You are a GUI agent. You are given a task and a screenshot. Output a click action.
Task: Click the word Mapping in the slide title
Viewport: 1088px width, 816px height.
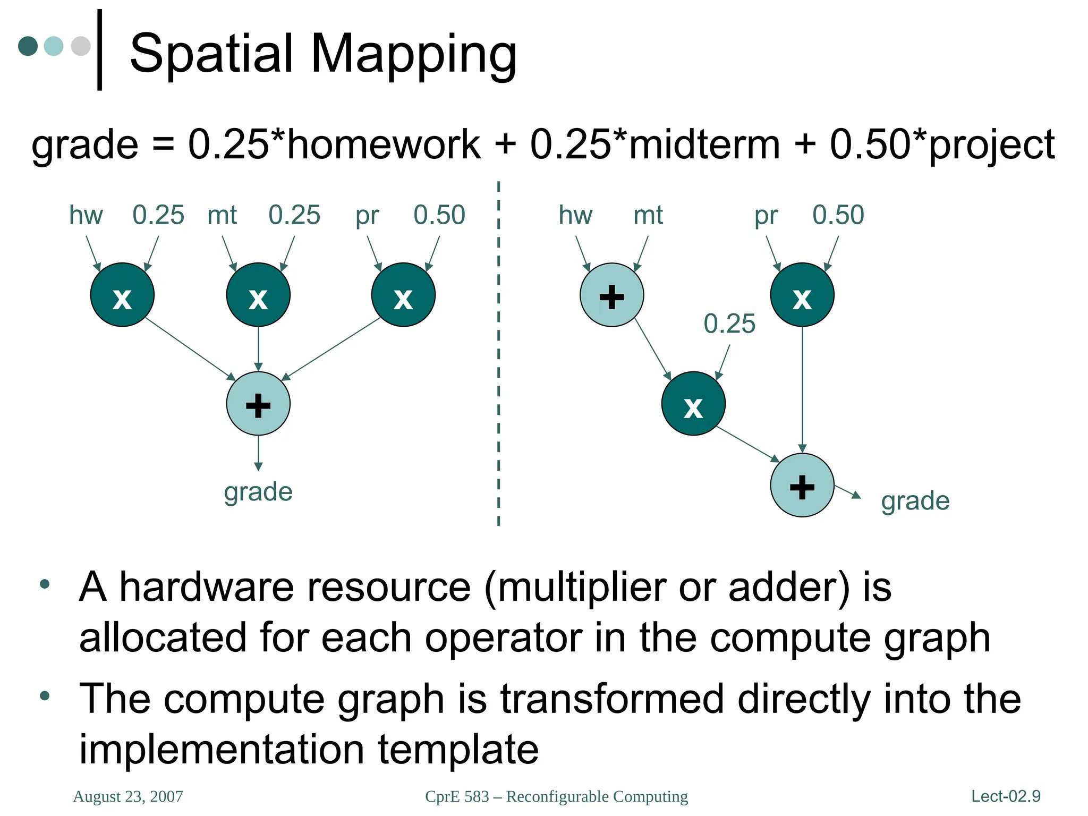click(x=413, y=54)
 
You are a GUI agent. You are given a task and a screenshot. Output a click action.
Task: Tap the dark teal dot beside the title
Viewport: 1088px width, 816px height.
click(x=28, y=46)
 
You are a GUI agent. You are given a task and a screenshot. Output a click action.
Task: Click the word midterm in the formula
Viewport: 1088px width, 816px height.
click(x=704, y=144)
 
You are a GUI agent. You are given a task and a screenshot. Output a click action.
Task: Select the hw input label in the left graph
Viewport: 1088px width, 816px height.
click(x=86, y=215)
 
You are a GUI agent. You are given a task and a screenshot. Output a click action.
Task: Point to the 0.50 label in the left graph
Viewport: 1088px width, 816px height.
click(x=439, y=215)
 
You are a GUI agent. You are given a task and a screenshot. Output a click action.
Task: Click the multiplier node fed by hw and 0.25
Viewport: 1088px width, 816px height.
click(x=122, y=295)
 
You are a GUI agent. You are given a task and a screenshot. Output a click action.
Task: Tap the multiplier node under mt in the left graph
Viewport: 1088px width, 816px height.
click(x=258, y=295)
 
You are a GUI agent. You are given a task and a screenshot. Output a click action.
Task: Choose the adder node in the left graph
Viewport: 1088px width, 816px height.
click(x=258, y=404)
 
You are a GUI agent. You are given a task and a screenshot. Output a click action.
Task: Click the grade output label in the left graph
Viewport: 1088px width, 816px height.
click(x=258, y=492)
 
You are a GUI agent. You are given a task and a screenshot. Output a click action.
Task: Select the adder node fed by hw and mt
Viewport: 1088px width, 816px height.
click(x=611, y=295)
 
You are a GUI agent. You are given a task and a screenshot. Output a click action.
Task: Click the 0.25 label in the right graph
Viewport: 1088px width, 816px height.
click(x=729, y=324)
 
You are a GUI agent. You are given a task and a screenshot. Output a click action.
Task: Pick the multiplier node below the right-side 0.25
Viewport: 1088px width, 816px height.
click(x=693, y=404)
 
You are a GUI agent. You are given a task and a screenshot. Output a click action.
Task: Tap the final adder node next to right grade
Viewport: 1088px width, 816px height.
click(x=802, y=485)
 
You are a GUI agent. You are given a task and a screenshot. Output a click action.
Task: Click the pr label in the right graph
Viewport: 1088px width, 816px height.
click(x=766, y=215)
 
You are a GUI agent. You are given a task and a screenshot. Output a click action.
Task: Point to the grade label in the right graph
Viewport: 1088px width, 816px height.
click(x=915, y=501)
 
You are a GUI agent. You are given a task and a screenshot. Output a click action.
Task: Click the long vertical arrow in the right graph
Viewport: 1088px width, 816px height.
click(x=802, y=388)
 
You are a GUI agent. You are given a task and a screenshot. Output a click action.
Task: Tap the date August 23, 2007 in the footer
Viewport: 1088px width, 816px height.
click(x=128, y=796)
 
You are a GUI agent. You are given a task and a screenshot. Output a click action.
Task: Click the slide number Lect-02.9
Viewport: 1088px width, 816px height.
click(x=1006, y=796)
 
